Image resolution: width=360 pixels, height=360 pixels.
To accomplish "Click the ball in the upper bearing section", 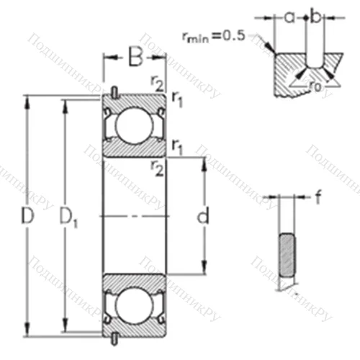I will click(x=132, y=124).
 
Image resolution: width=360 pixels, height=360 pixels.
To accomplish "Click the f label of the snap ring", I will click(x=318, y=196).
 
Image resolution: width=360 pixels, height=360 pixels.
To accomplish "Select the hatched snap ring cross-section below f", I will click(x=286, y=256).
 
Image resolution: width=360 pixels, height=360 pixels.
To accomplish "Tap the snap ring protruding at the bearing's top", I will click(x=115, y=91).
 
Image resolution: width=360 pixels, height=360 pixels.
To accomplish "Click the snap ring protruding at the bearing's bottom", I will click(x=115, y=338).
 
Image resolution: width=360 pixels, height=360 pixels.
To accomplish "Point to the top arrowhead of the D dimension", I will click(x=28, y=100).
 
